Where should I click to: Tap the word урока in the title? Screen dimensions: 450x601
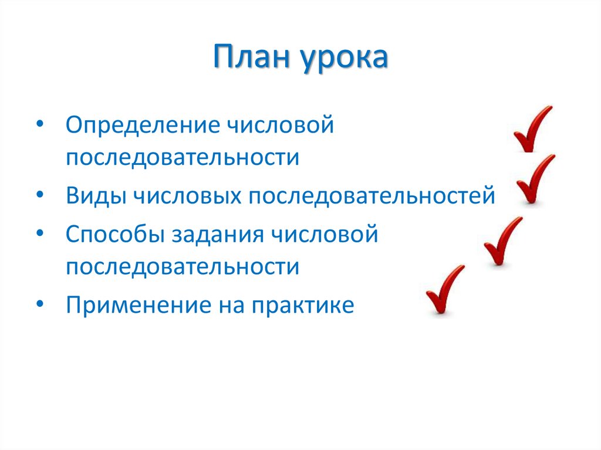pos(346,59)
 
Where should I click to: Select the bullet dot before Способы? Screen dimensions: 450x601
pos(39,235)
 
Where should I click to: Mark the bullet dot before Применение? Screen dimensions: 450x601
pos(39,306)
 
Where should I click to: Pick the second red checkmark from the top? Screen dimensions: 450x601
pos(535,179)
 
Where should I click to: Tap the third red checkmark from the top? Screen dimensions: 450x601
pos(502,241)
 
